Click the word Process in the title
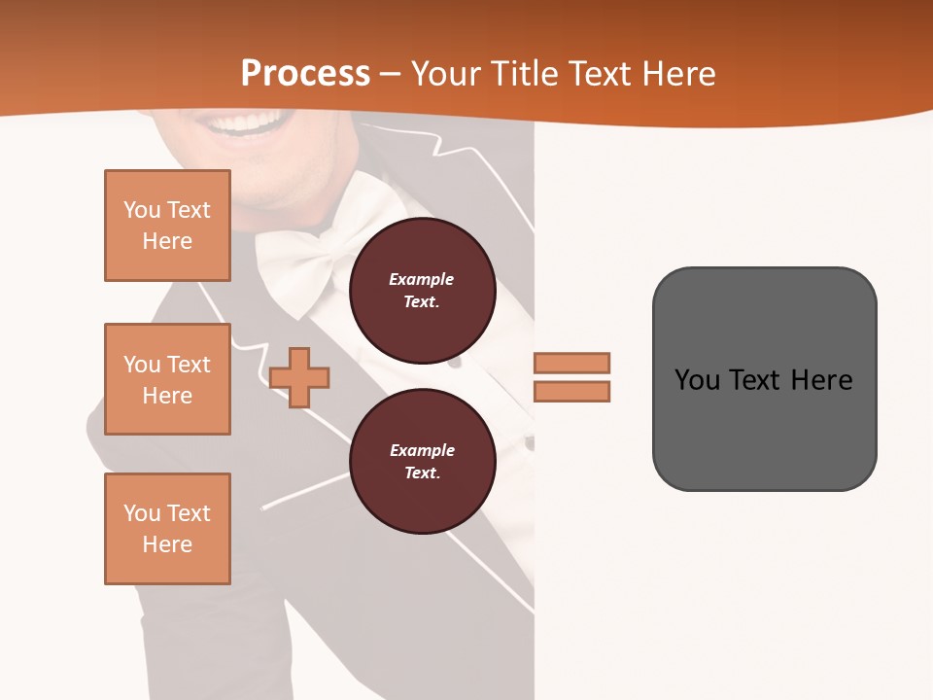pos(305,74)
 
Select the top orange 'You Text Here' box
pos(167,226)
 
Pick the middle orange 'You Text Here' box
pos(167,379)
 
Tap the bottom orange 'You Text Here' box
pos(167,529)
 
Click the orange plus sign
pos(299,376)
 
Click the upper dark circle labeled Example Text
pos(422,291)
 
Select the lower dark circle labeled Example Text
pos(422,462)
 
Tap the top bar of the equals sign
pos(571,363)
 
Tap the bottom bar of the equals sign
pos(571,392)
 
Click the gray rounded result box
pos(764,428)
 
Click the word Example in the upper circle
pos(422,279)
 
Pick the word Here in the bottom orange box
pos(167,544)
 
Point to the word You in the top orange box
pos(142,210)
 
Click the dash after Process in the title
pos(391,75)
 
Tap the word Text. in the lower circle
pos(422,473)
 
